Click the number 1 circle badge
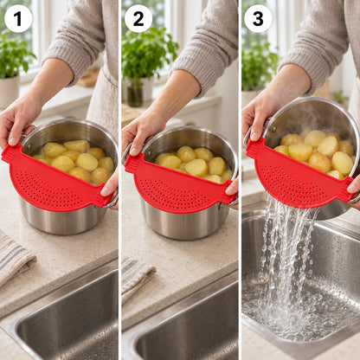coord(18,18)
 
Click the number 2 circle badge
coord(138,18)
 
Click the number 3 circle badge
coord(258,18)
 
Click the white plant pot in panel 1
coord(10,92)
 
